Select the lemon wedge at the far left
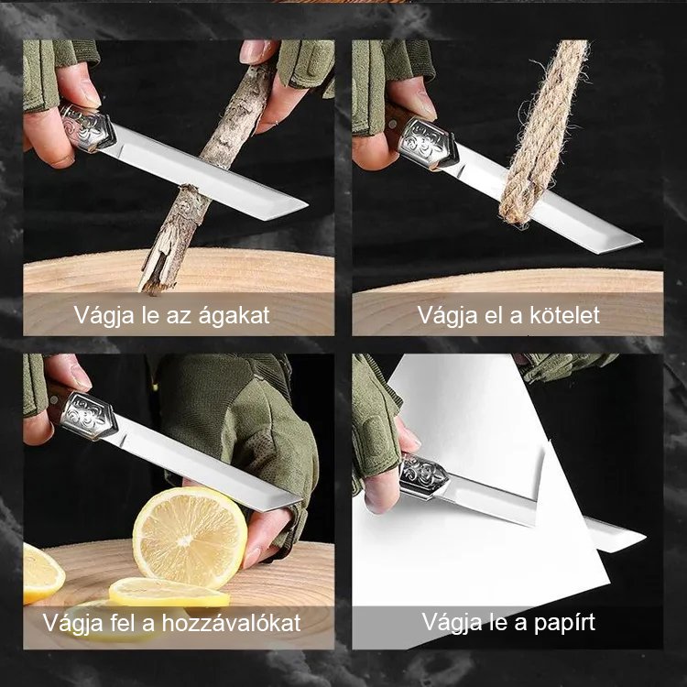tap(41, 572)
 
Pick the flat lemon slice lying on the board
tap(169, 593)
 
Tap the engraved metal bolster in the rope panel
tap(427, 142)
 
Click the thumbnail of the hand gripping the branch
tap(254, 51)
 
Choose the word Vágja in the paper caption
tap(449, 623)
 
